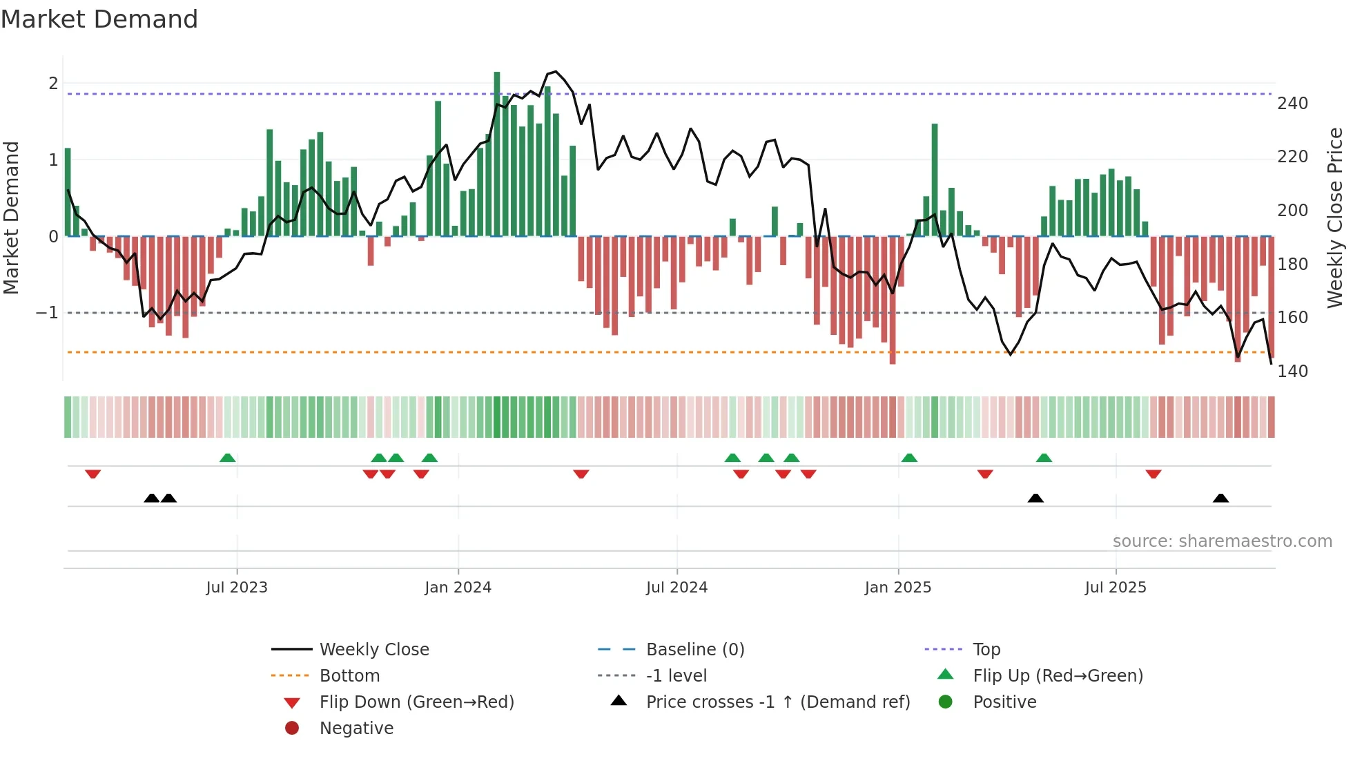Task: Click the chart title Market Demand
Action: [99, 19]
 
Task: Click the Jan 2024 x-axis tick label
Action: [458, 588]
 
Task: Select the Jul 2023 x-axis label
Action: [237, 588]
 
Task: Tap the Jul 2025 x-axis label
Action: [1116, 588]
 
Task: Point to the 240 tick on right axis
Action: [1292, 104]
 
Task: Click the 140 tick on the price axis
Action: [1292, 372]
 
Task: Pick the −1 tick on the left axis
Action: [47, 313]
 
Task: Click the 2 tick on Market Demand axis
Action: [53, 84]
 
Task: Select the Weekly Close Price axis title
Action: [1335, 218]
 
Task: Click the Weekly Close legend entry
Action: [373, 650]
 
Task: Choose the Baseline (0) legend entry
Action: [694, 650]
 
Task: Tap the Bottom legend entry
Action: [349, 676]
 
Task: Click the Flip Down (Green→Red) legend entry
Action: [416, 702]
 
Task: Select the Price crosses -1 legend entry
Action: [777, 702]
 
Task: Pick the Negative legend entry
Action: [356, 729]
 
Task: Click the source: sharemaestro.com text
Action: [1222, 541]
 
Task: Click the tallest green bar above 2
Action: [497, 152]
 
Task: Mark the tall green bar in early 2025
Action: [935, 180]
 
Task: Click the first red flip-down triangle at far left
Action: [93, 474]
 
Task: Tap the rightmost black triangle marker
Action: [1220, 498]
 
